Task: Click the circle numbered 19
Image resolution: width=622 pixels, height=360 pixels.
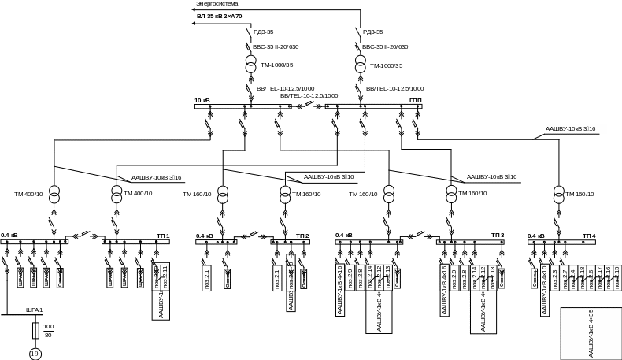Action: (35, 354)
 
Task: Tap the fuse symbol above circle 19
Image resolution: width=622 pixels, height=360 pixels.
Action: (35, 329)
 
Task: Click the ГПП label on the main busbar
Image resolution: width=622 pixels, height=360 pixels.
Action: (416, 101)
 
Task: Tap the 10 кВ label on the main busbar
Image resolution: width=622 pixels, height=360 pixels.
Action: (202, 101)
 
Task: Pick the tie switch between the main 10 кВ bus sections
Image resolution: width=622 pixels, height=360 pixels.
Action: (308, 106)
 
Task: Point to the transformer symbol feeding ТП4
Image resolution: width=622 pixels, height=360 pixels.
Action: (559, 194)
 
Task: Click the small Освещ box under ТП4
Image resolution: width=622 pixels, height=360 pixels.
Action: (534, 279)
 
